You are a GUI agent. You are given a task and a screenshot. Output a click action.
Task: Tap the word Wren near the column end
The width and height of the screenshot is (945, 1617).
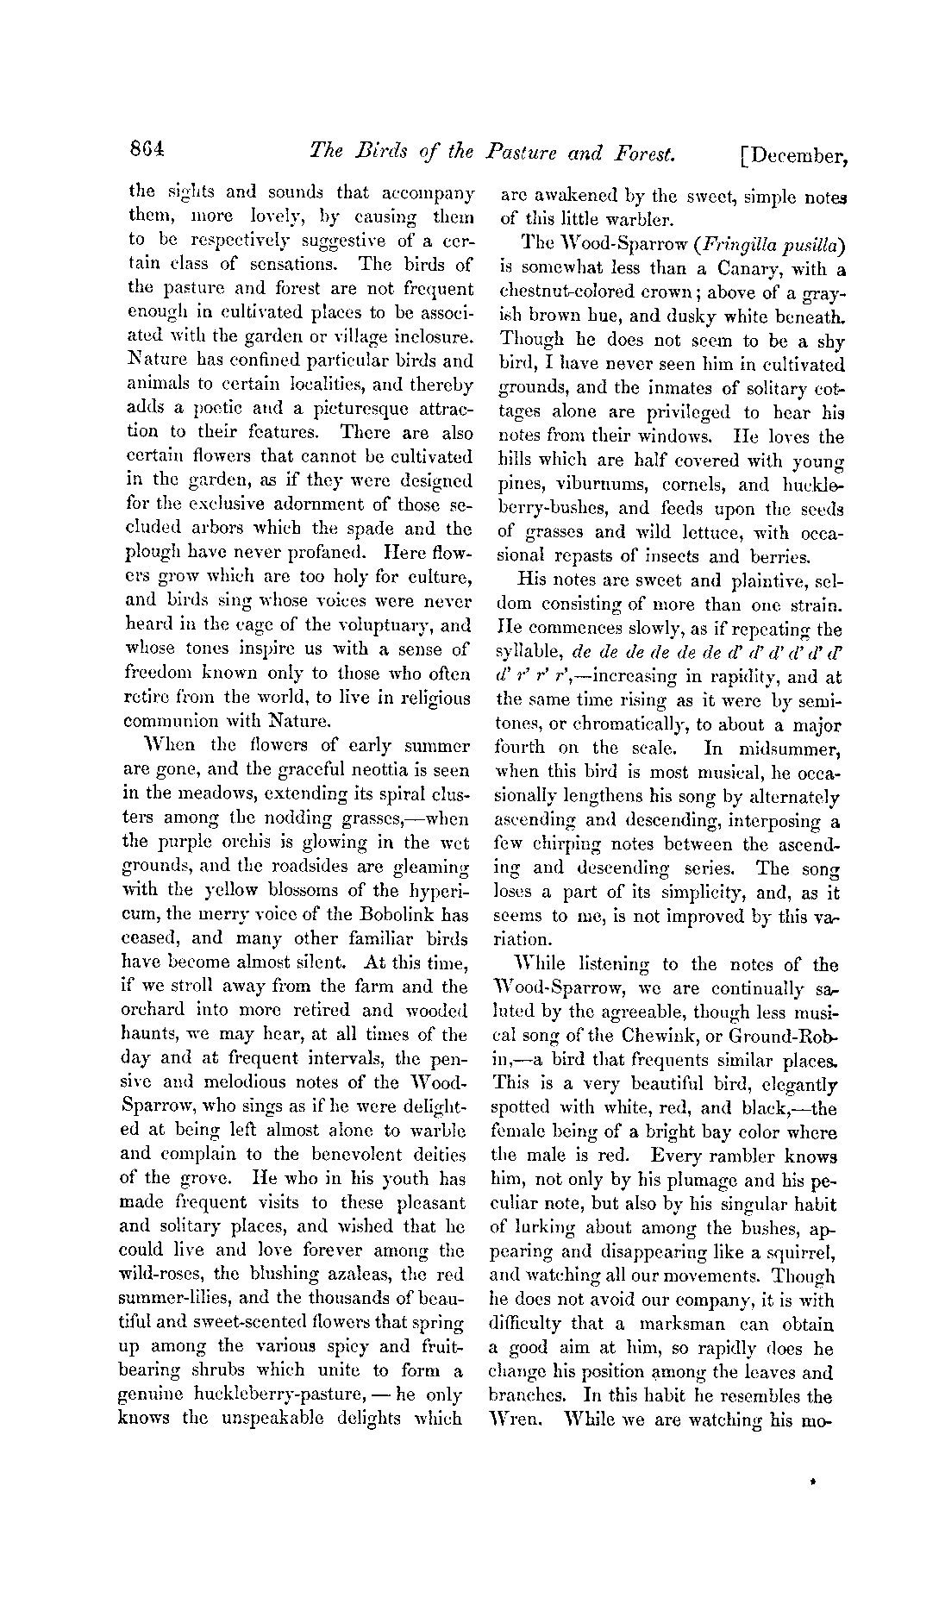(x=515, y=1419)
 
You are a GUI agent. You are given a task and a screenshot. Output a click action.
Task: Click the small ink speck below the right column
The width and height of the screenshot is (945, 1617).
(x=814, y=1481)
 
